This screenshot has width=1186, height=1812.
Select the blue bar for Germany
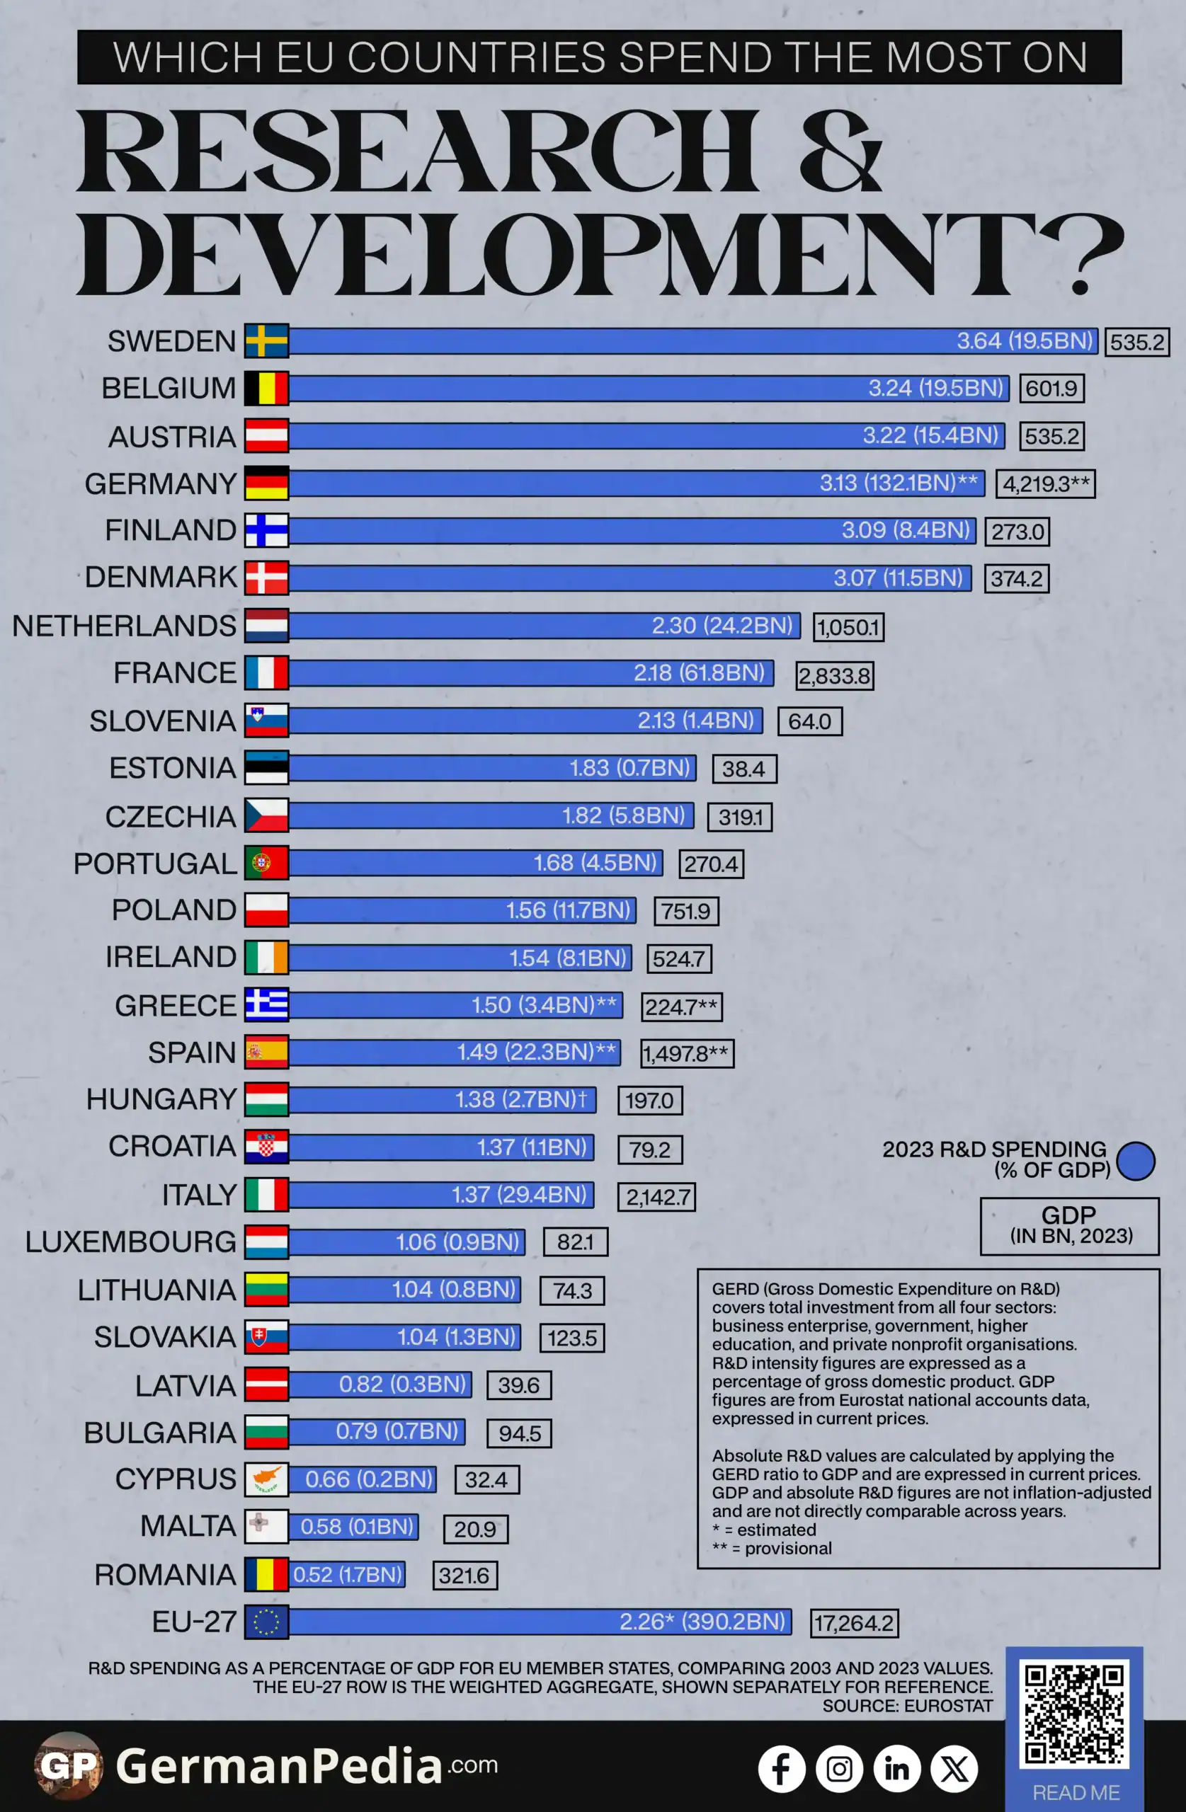[637, 483]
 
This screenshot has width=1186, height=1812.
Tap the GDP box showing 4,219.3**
[1045, 483]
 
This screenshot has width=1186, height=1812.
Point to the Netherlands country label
[124, 626]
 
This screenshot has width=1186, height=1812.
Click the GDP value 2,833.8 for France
[835, 675]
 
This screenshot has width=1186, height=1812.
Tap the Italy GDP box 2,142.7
[656, 1196]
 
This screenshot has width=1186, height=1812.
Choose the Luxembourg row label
[130, 1242]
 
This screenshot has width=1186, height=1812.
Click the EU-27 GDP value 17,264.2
[854, 1623]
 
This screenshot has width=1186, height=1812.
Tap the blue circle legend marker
[1136, 1161]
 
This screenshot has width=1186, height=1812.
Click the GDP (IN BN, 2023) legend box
[1070, 1226]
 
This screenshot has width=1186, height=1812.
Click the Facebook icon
[782, 1769]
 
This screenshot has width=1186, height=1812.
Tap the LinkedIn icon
[897, 1769]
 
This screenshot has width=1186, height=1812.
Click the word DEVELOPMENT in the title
[600, 255]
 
